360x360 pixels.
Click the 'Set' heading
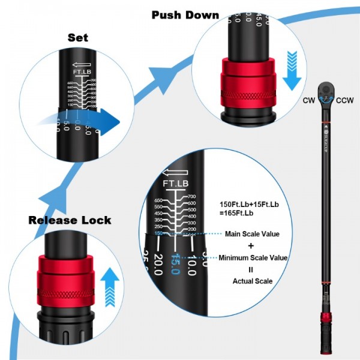click(78, 37)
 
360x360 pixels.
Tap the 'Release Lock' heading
click(70, 220)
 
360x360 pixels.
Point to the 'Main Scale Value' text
click(253, 234)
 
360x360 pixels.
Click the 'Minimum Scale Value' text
click(253, 258)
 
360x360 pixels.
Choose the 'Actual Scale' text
click(253, 281)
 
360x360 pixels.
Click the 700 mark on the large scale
click(192, 197)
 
